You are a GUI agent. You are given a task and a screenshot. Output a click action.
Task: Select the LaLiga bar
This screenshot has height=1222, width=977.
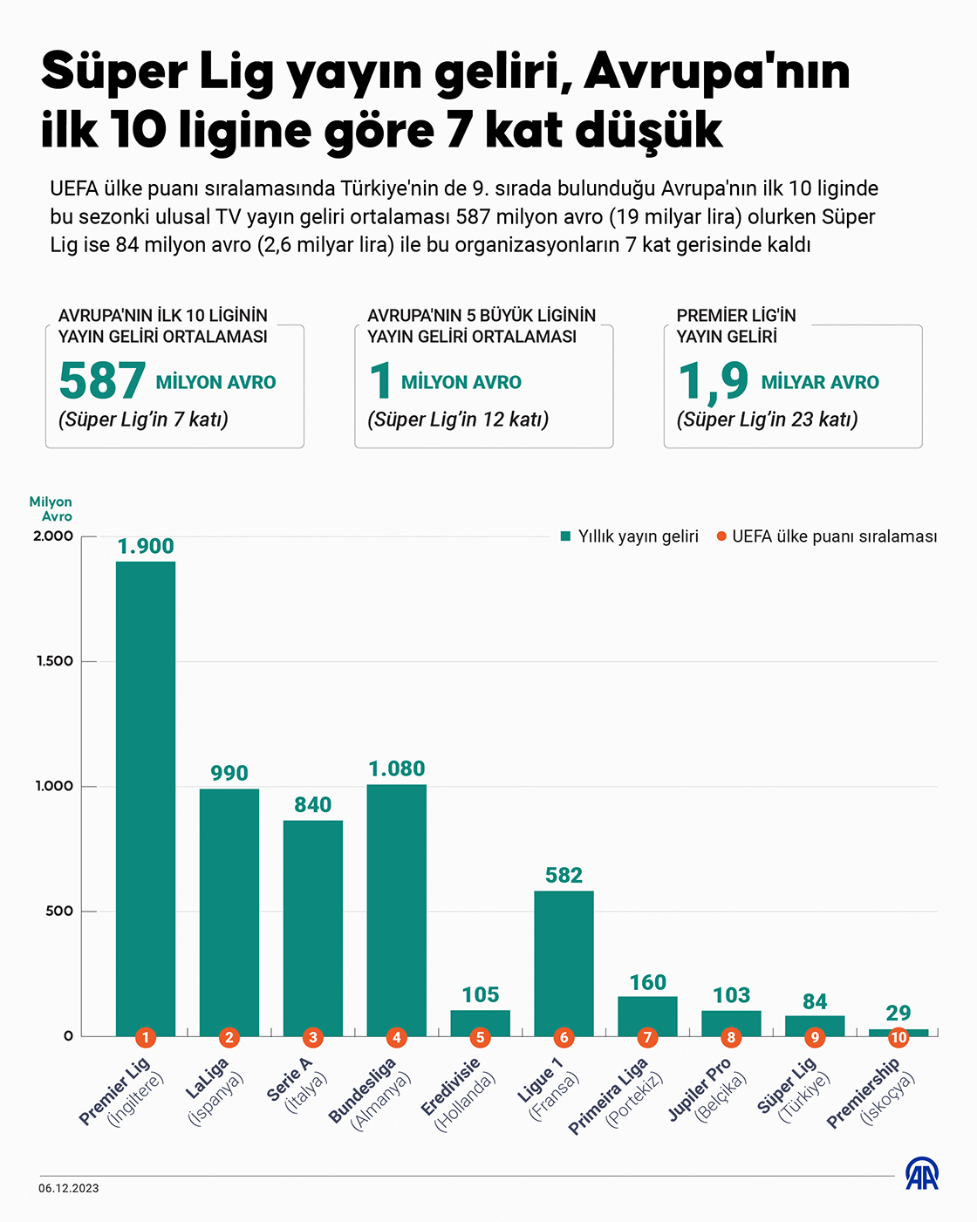click(229, 907)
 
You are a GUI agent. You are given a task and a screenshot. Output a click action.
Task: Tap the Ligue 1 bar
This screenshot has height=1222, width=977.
click(564, 959)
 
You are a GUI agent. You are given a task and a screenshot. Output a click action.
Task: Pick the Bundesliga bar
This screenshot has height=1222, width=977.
click(397, 907)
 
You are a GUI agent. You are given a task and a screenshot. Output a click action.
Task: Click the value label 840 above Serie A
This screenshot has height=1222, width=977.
click(313, 804)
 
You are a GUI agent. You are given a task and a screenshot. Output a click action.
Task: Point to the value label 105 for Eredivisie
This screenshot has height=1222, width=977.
click(481, 994)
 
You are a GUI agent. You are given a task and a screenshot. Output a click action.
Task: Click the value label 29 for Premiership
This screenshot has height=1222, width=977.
click(898, 1013)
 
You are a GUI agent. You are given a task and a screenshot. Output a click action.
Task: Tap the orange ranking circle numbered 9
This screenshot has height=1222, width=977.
click(815, 1037)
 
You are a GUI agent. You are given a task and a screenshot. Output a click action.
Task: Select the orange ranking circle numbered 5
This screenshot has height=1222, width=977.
click(480, 1037)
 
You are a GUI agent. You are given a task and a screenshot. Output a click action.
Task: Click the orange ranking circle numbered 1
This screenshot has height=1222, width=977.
click(146, 1037)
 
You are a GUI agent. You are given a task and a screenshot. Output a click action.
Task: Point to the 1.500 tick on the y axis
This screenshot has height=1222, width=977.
click(55, 661)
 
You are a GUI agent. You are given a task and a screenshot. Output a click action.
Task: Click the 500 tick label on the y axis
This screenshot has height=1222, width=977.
click(60, 911)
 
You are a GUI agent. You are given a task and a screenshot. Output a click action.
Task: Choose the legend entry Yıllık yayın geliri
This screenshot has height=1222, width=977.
click(630, 536)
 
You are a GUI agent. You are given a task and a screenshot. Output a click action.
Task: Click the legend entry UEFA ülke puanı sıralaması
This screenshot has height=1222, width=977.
click(827, 536)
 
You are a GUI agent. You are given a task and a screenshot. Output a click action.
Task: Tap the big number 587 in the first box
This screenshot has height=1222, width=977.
click(102, 381)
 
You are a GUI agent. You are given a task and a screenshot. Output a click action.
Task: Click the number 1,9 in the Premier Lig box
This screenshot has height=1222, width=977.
click(714, 381)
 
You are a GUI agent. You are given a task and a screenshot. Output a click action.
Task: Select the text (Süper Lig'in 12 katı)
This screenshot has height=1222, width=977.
click(458, 420)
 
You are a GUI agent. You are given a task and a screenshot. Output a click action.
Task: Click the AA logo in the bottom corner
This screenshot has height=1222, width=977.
click(921, 1174)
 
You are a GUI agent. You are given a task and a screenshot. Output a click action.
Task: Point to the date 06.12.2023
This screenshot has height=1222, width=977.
click(69, 1188)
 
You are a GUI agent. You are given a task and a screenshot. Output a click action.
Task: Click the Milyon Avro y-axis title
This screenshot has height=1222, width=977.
click(51, 509)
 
